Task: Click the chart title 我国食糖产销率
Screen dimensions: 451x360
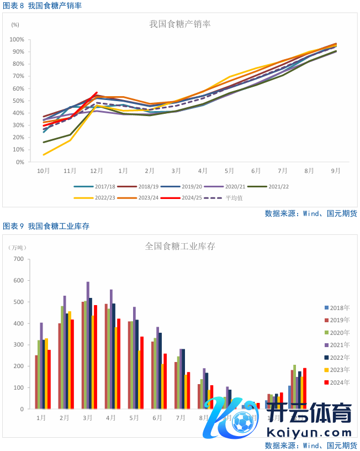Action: click(x=180, y=24)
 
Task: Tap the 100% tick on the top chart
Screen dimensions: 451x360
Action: click(x=16, y=40)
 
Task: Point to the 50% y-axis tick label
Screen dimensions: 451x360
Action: click(x=17, y=101)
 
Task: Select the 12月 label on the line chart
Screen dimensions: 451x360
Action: click(x=96, y=171)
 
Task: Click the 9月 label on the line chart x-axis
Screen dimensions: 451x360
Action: click(x=336, y=171)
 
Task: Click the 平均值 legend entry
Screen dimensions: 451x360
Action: click(x=227, y=197)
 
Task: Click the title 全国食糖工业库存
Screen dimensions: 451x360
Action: click(x=180, y=245)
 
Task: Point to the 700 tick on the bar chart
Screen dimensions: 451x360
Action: click(x=18, y=259)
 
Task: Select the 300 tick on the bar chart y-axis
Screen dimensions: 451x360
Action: click(x=18, y=344)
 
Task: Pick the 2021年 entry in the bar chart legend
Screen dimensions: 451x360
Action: click(x=337, y=345)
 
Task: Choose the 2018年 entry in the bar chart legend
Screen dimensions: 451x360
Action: click(x=337, y=308)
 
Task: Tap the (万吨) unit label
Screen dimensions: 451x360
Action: click(x=19, y=247)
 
